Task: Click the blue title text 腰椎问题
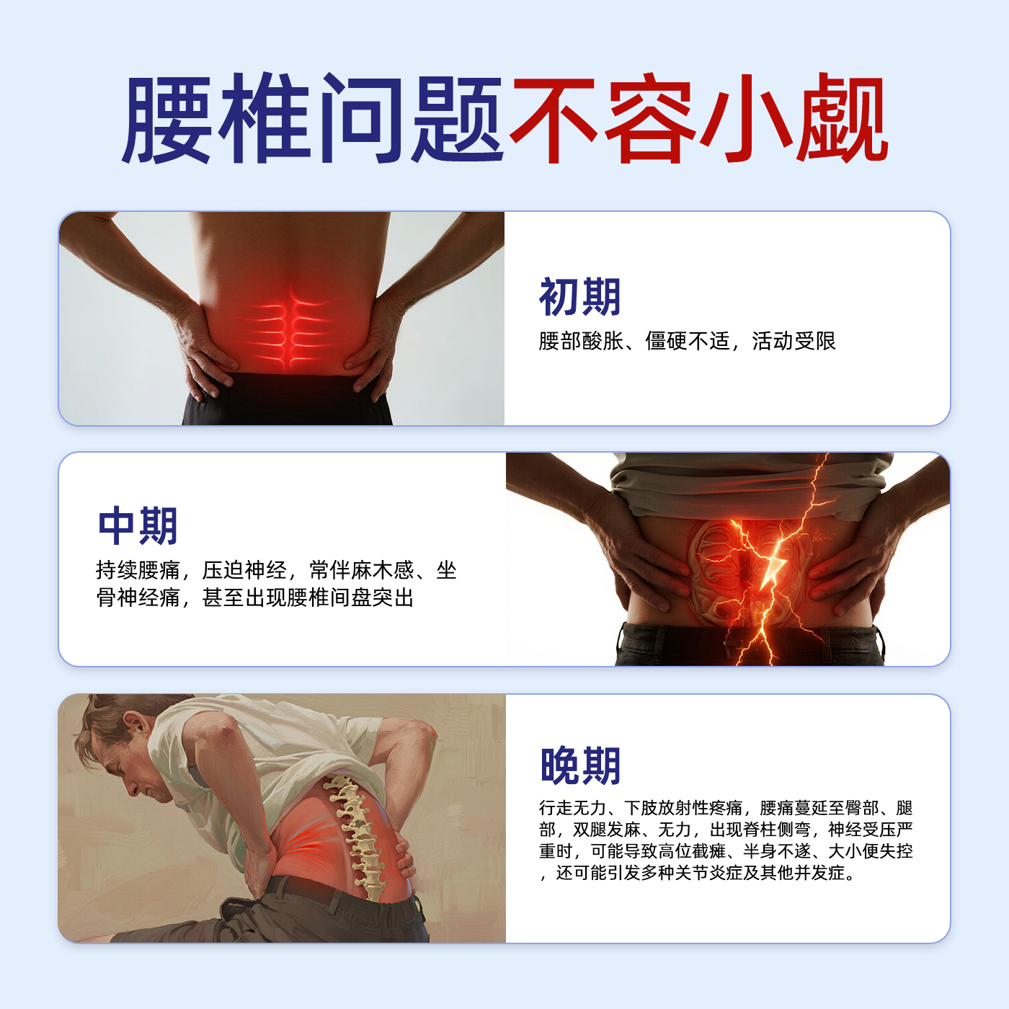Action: coord(314,119)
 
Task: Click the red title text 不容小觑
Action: coord(698,119)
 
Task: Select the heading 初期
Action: coord(579,297)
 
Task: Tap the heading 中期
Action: coord(138,526)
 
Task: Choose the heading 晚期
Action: coord(580,765)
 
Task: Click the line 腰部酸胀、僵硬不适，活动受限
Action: coord(687,341)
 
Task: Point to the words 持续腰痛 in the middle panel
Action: coord(138,571)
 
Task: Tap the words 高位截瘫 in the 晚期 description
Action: coord(691,851)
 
